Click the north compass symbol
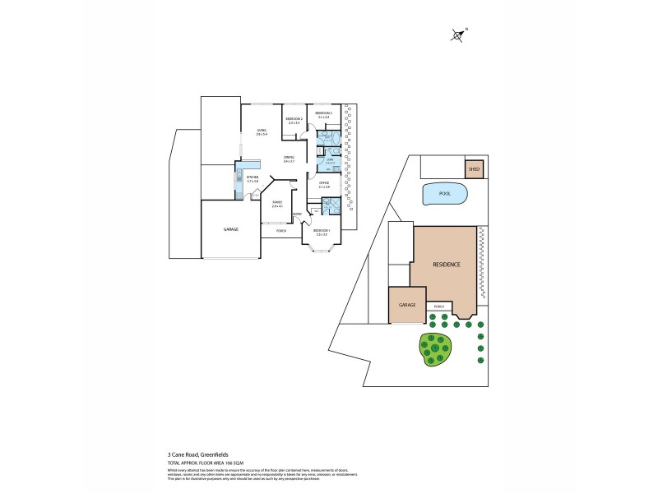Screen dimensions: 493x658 coord(458,35)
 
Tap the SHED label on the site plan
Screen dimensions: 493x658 coord(473,170)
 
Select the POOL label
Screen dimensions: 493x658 coord(445,194)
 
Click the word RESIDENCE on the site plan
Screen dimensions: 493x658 coord(447,265)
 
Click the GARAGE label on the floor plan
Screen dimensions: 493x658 coord(231,229)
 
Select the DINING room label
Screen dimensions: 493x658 coord(289,158)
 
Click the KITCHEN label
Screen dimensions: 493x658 coord(253,177)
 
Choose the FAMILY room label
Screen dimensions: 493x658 coord(277,203)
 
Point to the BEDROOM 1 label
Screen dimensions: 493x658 coord(322,231)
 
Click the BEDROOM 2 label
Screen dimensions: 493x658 coord(294,120)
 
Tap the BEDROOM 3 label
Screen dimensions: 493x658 coord(323,114)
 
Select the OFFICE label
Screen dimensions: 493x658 coord(324,184)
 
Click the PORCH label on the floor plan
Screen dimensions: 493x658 coord(281,231)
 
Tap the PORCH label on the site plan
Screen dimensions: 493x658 coord(438,306)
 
